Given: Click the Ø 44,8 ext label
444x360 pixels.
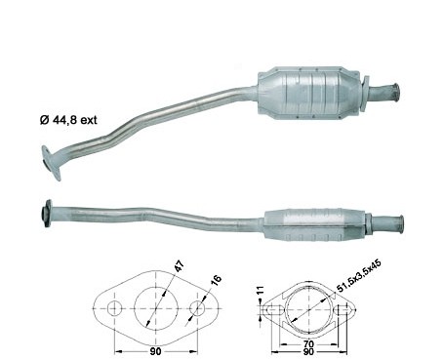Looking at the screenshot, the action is (68, 120).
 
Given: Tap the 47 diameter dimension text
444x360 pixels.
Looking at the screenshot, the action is (180, 265).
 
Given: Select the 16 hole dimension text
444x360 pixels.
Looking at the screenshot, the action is (216, 280).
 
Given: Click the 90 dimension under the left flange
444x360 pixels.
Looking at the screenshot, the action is (156, 351).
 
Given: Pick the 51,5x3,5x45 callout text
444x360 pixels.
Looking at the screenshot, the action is (359, 276).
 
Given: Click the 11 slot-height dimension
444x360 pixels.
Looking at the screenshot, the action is (261, 291).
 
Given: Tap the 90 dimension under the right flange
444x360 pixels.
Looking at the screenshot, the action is (308, 351).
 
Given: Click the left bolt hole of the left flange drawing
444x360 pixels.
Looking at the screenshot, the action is (114, 308).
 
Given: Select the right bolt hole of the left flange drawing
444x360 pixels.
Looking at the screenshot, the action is (197, 308).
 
